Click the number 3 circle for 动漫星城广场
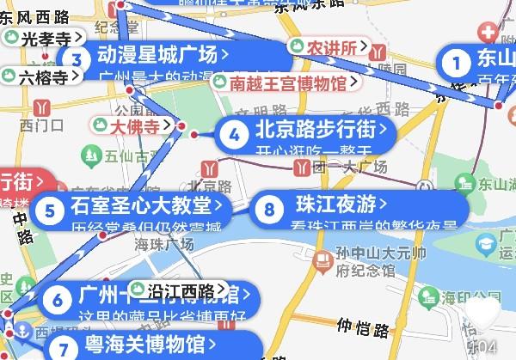pyautogui.click(x=77, y=59)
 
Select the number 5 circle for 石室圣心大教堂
pyautogui.click(x=52, y=209)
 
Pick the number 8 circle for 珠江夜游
pyautogui.click(x=271, y=208)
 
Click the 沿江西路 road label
pyautogui.click(x=179, y=290)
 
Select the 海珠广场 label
pyautogui.click(x=164, y=246)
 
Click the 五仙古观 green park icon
pyautogui.click(x=88, y=156)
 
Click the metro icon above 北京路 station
pyautogui.click(x=210, y=168)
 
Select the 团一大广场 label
pyautogui.click(x=356, y=166)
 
